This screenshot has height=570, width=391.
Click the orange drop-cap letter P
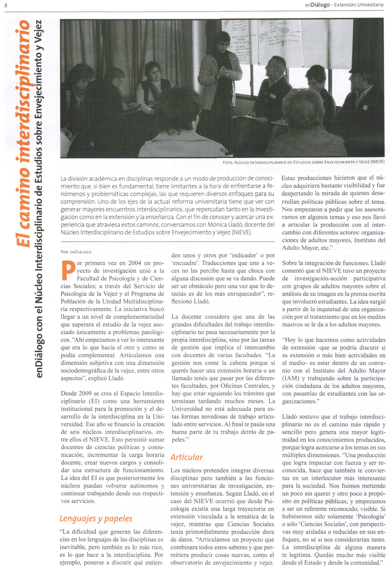pyautogui.click(x=68, y=270)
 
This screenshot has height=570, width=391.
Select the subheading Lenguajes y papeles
pyautogui.click(x=96, y=518)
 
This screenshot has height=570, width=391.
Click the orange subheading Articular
pyautogui.click(x=187, y=457)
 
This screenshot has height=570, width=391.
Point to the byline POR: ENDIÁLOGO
pyautogui.click(x=76, y=252)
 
